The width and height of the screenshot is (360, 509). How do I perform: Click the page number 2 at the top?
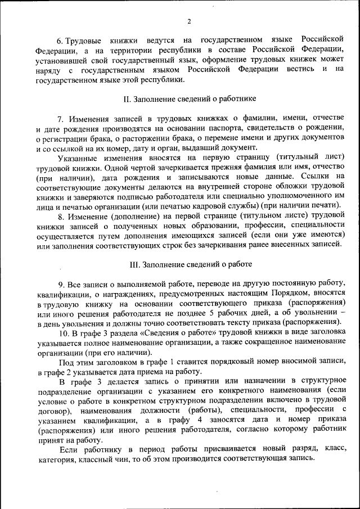[189, 22]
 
